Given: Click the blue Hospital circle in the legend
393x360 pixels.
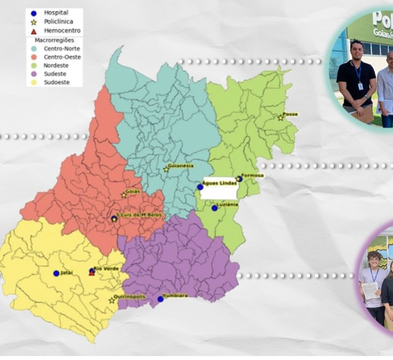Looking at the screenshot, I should (32, 12).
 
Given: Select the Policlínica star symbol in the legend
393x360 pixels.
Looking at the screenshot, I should (32, 22).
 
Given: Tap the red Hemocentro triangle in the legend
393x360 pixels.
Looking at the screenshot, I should (32, 31).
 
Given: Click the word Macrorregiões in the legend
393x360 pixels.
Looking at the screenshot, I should (56, 40).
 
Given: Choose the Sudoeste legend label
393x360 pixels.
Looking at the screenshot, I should (58, 82).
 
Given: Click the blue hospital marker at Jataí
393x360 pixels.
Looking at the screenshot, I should (56, 274).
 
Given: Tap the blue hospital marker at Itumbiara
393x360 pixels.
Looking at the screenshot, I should (160, 299).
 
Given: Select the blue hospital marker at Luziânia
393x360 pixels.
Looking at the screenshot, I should (214, 208).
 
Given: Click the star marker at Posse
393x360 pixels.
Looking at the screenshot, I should (280, 118).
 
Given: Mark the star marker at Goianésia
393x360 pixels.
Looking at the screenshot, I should (166, 170).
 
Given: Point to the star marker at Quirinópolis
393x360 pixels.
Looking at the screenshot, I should (111, 301).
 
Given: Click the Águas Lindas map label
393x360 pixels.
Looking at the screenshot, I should (220, 183).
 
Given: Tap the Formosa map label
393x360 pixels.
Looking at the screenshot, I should (252, 175).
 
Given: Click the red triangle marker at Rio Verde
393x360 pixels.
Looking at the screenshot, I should (92, 274).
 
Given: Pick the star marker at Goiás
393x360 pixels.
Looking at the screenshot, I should (124, 195).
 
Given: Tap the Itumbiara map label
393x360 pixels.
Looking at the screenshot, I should (175, 296).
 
